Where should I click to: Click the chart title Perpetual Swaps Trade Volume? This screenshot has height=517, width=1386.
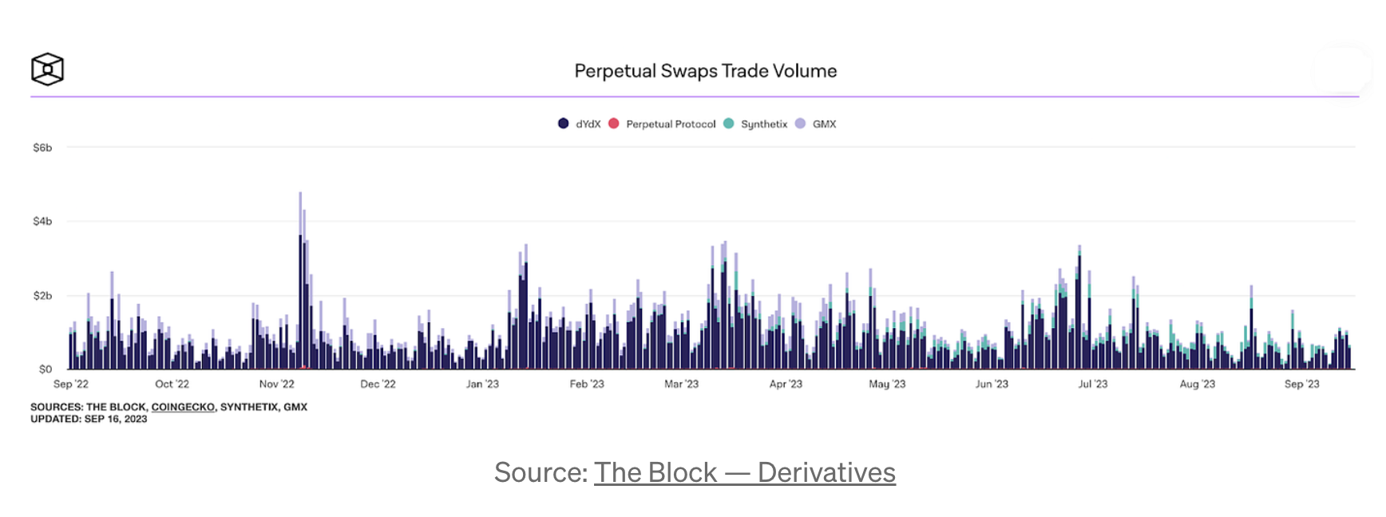[705, 71]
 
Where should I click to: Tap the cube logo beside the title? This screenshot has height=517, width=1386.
[47, 69]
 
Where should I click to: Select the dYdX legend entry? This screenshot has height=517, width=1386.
[580, 124]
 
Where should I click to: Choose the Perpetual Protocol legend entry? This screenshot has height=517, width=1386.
[662, 124]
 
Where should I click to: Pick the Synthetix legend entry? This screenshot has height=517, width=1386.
[755, 124]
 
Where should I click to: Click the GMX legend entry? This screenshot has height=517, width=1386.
[816, 124]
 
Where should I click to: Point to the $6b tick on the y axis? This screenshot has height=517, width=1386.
[42, 148]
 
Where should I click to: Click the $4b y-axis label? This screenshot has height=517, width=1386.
[42, 221]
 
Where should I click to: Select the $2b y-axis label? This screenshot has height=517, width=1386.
[42, 295]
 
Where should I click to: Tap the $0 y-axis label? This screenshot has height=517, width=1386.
[46, 369]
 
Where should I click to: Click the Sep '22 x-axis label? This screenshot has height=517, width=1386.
[71, 384]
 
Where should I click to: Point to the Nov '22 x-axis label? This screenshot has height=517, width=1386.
[276, 384]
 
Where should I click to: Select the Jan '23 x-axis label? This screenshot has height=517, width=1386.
[482, 384]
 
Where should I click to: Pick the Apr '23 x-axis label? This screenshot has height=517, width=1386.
[786, 384]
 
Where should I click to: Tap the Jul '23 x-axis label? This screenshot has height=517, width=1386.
[1093, 384]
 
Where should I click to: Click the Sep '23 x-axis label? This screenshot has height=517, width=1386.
[1301, 384]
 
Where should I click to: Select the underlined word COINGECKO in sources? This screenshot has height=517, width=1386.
[183, 407]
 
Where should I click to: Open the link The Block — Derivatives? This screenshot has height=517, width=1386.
[744, 472]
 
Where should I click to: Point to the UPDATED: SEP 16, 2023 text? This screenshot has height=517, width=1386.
[89, 419]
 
